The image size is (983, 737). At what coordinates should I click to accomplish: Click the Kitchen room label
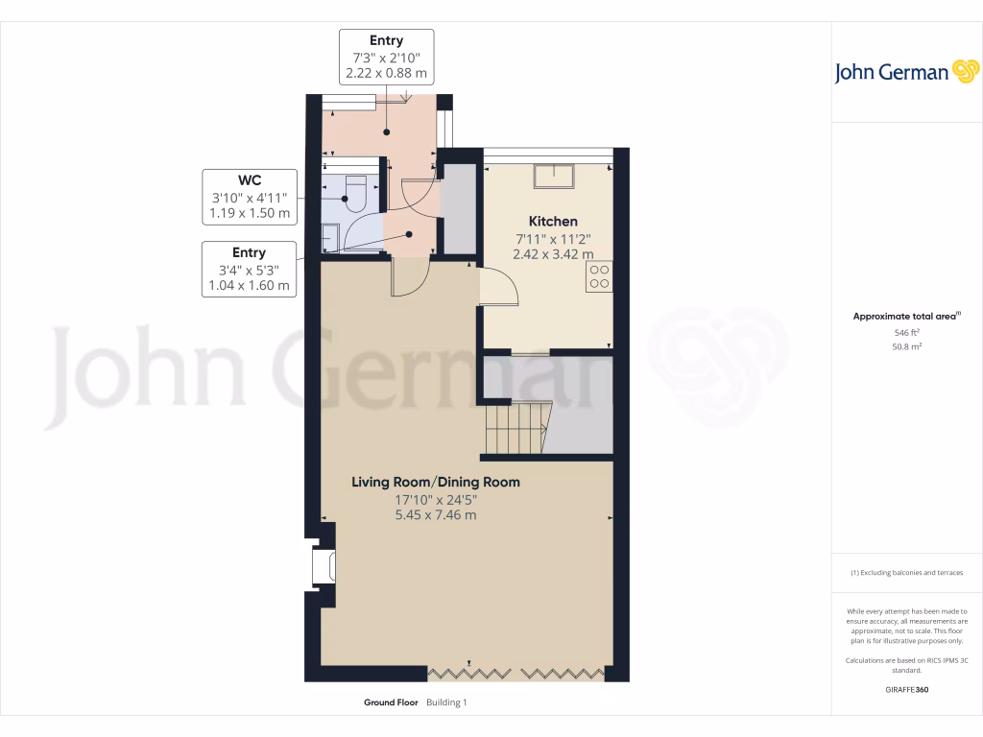(x=545, y=221)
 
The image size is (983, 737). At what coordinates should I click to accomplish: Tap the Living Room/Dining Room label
(x=435, y=482)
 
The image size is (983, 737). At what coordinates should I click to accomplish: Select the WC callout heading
(x=250, y=179)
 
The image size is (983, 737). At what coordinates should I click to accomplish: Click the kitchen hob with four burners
(x=600, y=276)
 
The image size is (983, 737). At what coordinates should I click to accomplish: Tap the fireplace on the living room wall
(x=322, y=565)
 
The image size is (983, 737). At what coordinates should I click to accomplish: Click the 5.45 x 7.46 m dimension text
(x=435, y=515)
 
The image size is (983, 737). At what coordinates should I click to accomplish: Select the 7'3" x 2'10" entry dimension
(x=386, y=57)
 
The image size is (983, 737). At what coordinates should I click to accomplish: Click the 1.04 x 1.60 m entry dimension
(x=250, y=286)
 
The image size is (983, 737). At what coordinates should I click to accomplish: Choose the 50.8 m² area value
(x=907, y=346)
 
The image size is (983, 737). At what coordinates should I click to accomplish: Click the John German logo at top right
(x=906, y=72)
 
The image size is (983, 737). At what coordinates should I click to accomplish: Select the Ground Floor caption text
(x=391, y=702)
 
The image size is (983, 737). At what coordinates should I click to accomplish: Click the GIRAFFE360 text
(x=907, y=690)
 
